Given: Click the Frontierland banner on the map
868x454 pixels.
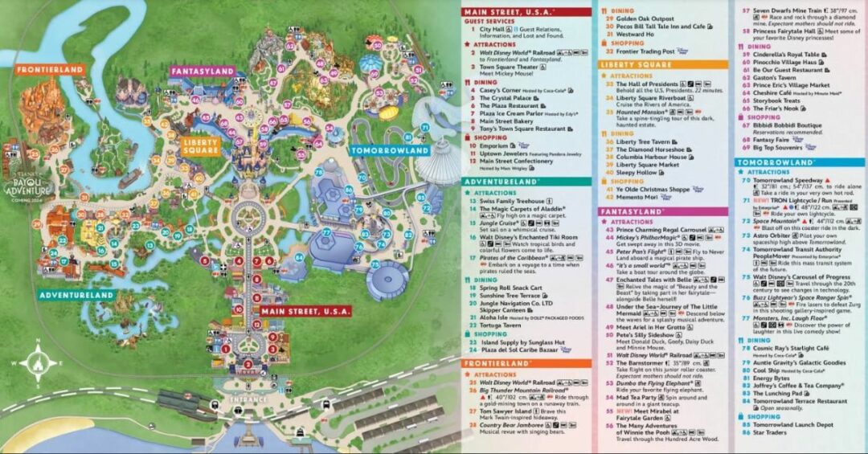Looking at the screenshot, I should point(51,70).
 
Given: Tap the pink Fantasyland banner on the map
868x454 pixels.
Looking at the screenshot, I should point(200,72).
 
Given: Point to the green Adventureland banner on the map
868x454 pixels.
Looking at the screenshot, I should point(76,295).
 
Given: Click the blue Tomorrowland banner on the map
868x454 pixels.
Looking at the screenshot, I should point(390,150).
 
